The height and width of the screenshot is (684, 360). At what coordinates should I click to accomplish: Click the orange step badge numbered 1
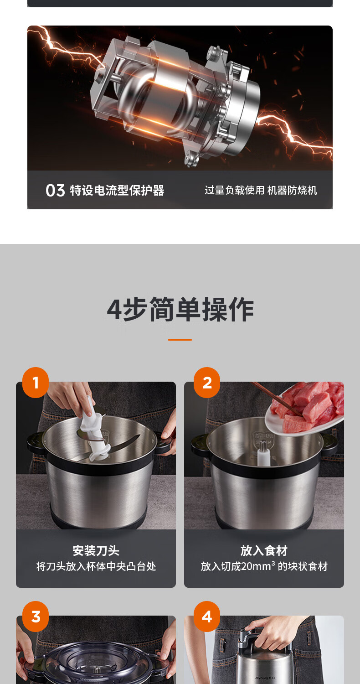[x=36, y=382]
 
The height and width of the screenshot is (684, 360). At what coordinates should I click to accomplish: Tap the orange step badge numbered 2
[x=207, y=382]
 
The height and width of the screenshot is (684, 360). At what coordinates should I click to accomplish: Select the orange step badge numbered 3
[x=36, y=617]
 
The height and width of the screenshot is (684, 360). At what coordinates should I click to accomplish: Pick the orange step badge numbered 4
[x=207, y=617]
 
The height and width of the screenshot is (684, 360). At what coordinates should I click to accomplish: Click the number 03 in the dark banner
[x=55, y=191]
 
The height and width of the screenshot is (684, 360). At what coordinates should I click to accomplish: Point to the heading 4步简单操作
[x=180, y=309]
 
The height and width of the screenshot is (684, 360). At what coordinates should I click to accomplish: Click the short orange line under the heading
[x=180, y=340]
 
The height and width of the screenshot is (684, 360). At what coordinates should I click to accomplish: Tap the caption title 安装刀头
[x=96, y=550]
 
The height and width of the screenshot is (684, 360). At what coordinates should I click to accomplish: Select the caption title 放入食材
[x=264, y=550]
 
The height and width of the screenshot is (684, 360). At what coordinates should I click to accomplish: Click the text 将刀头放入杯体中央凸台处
[x=96, y=566]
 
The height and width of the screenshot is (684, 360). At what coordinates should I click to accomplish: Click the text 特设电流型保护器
[x=117, y=191]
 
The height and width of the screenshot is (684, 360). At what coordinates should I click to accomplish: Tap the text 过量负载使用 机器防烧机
[x=261, y=190]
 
